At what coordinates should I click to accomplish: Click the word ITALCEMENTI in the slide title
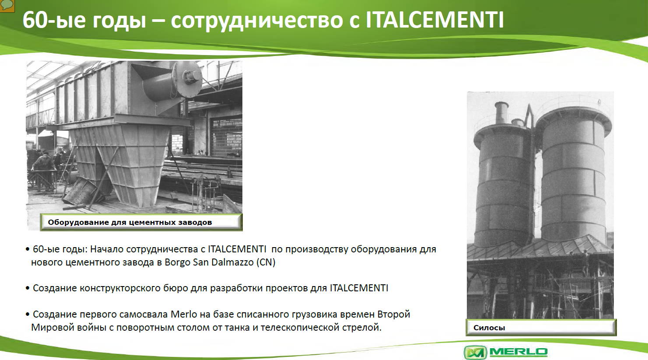click(435, 20)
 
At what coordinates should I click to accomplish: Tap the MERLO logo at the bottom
click(506, 352)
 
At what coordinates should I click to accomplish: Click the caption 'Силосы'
click(489, 328)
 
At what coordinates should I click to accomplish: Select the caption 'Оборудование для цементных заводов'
click(130, 222)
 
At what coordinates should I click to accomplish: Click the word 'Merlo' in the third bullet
click(184, 314)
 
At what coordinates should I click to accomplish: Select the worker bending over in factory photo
click(44, 167)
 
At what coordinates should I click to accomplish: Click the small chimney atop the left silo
click(501, 113)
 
